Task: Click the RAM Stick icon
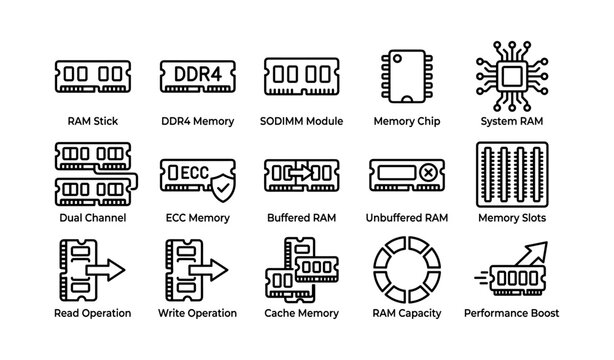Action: click(x=93, y=75)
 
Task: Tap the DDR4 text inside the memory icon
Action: click(x=198, y=73)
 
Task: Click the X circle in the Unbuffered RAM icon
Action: click(x=428, y=172)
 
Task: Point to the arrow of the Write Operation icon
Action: click(x=209, y=269)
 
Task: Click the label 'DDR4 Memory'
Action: click(x=198, y=121)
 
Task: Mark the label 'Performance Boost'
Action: click(x=510, y=313)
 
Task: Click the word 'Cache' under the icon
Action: click(x=281, y=313)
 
